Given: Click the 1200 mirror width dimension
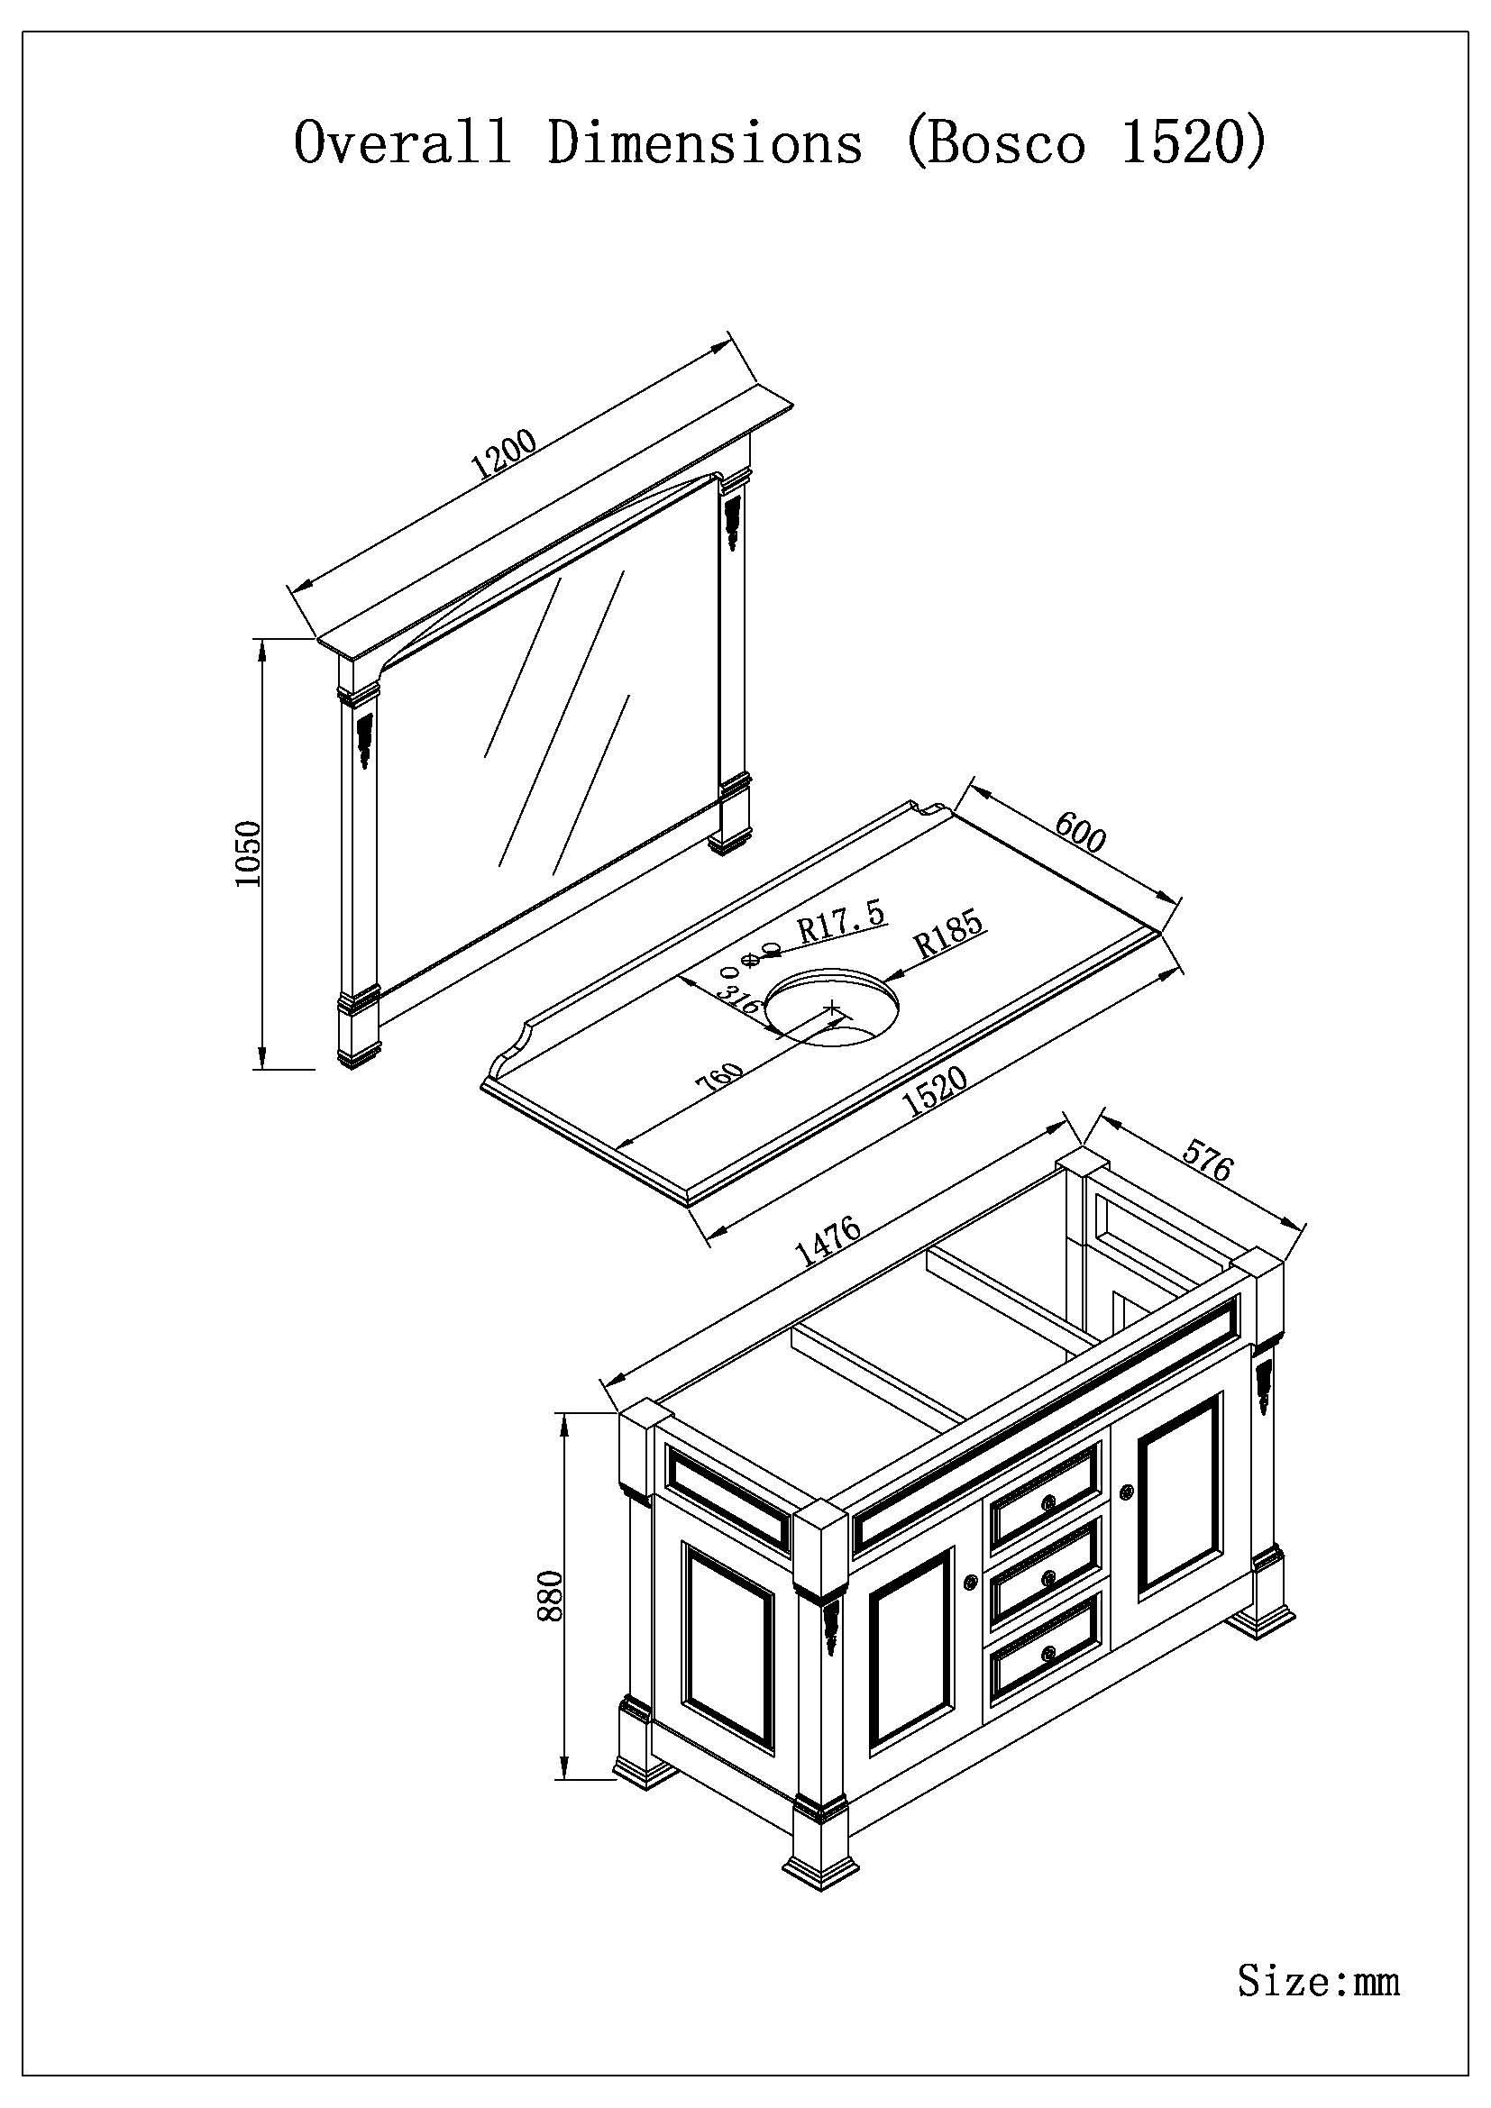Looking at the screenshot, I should pyautogui.click(x=503, y=455).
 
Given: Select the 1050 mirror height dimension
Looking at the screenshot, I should pyautogui.click(x=250, y=853).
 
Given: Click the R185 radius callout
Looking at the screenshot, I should pyautogui.click(x=950, y=934).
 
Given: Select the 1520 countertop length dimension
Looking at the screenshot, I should pyautogui.click(x=936, y=1090).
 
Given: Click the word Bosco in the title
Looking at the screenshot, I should pyautogui.click(x=1006, y=144).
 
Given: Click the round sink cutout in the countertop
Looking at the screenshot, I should pyautogui.click(x=832, y=1009).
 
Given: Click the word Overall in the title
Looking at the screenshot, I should pyautogui.click(x=402, y=144).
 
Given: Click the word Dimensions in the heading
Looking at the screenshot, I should pyautogui.click(x=705, y=144).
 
